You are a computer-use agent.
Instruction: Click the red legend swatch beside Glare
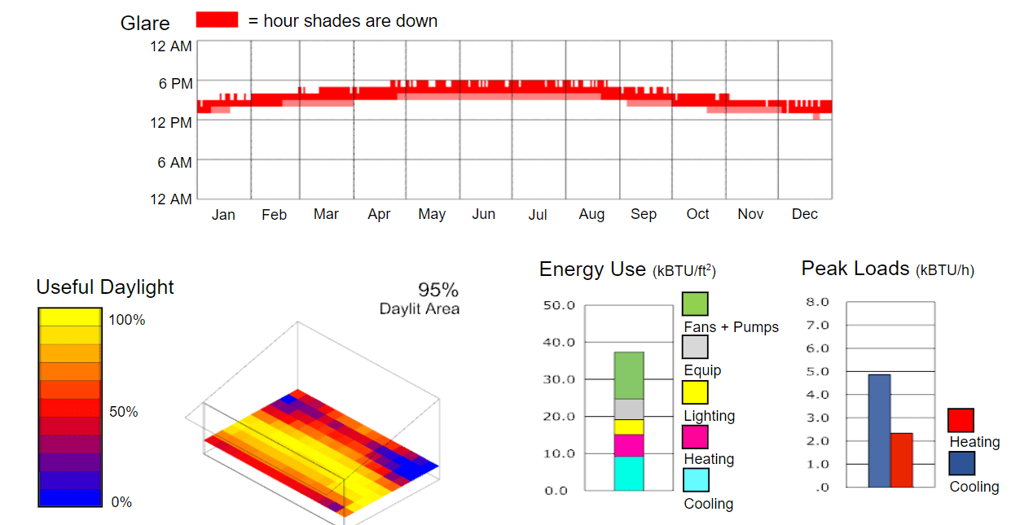click(x=217, y=20)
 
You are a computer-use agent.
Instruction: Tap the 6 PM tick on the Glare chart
click(x=175, y=83)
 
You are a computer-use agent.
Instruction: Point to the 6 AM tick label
click(x=175, y=163)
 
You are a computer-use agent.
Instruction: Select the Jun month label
click(x=484, y=214)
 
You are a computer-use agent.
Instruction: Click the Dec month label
click(x=804, y=214)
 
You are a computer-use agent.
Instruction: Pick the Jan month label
click(x=223, y=215)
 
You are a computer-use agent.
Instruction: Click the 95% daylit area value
click(x=438, y=290)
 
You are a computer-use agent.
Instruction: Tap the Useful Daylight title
click(x=105, y=287)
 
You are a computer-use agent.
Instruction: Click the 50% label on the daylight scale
click(x=124, y=412)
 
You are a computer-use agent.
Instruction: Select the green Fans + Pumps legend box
click(x=695, y=304)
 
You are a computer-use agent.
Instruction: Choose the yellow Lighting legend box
click(x=695, y=392)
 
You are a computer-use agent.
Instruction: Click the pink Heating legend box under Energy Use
click(x=695, y=437)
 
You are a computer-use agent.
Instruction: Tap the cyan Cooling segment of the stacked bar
click(x=629, y=473)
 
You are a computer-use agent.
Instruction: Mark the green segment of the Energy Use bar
click(x=629, y=375)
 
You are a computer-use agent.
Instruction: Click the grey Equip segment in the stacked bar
click(x=629, y=409)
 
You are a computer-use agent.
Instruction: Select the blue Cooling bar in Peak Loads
click(x=879, y=431)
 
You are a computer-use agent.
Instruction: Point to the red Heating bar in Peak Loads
click(x=901, y=460)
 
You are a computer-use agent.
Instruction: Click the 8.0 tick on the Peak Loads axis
click(x=818, y=302)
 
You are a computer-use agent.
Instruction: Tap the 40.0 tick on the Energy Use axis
click(x=559, y=342)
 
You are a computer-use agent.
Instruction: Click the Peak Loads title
click(x=855, y=269)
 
